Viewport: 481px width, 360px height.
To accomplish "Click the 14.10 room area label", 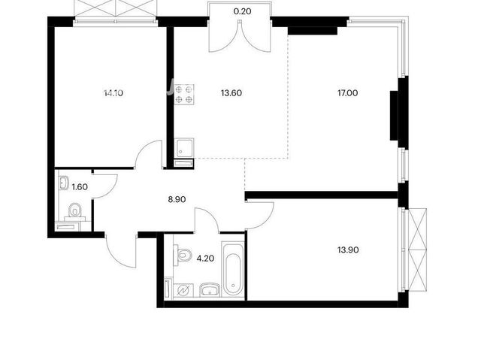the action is [113, 93].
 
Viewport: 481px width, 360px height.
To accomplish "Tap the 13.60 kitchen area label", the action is [231, 93].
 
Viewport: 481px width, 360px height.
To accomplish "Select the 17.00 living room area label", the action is [347, 93].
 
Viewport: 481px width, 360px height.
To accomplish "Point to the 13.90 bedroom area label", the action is [348, 250].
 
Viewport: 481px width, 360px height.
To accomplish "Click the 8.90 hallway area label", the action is [177, 200].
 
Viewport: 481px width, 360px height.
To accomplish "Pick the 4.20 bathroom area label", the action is [205, 259].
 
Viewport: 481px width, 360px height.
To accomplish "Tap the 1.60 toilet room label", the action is [80, 187].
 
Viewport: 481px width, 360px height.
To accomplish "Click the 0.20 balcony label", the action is [242, 12].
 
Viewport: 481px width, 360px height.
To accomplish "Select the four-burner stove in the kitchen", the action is [184, 95].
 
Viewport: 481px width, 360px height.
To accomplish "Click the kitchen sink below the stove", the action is [184, 148].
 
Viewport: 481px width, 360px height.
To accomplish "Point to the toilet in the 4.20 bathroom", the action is [183, 254].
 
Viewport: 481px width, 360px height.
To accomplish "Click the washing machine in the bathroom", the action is [183, 290].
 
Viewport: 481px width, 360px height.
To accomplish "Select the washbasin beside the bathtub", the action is [210, 290].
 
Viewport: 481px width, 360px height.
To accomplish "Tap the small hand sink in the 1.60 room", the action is [64, 183].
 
